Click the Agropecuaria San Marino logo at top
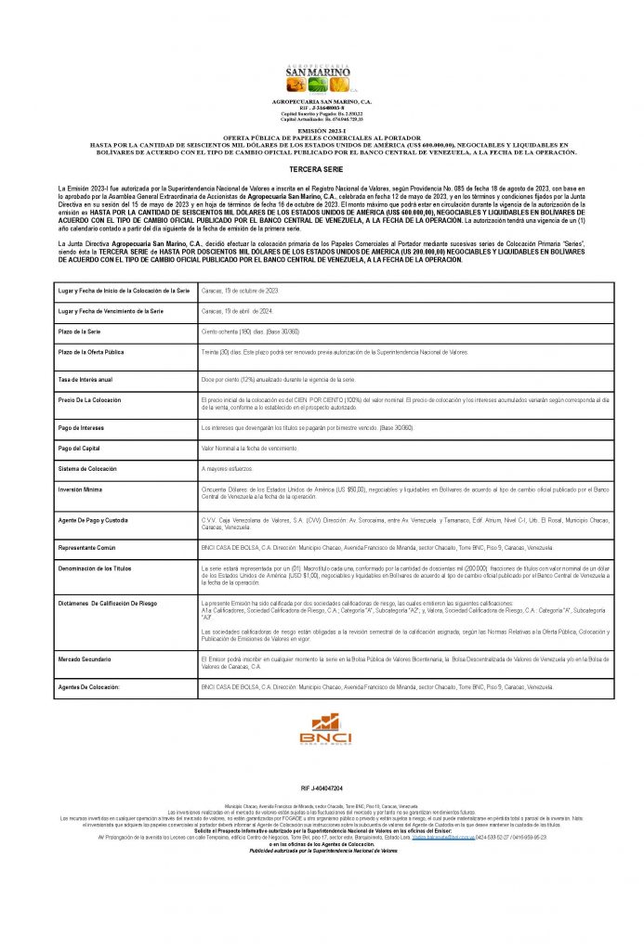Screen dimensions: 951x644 [x=322, y=75]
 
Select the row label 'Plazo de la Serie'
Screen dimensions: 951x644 [x=83, y=331]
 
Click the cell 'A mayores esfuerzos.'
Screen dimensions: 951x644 [x=226, y=469]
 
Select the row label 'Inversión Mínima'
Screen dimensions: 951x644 [x=82, y=489]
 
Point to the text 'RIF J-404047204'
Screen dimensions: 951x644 [x=322, y=786]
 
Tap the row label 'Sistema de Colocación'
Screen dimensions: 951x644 [x=87, y=469]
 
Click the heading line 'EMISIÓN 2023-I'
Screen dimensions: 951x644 [x=322, y=134]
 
